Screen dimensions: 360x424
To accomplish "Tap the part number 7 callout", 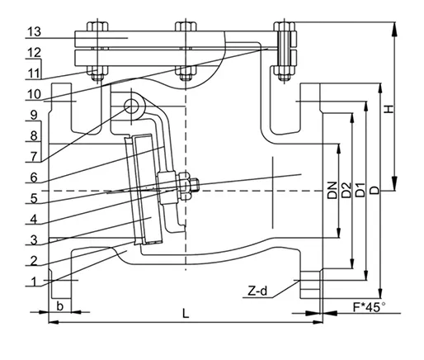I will [32, 154].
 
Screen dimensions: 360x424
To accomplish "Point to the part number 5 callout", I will [33, 198].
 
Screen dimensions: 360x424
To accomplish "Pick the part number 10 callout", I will [32, 94].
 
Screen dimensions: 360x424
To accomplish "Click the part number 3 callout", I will [33, 239].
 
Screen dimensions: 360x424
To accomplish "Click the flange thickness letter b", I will [59, 306].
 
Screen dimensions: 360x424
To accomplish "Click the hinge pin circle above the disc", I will [131, 106].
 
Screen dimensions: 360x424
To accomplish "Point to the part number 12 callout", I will [32, 52].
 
